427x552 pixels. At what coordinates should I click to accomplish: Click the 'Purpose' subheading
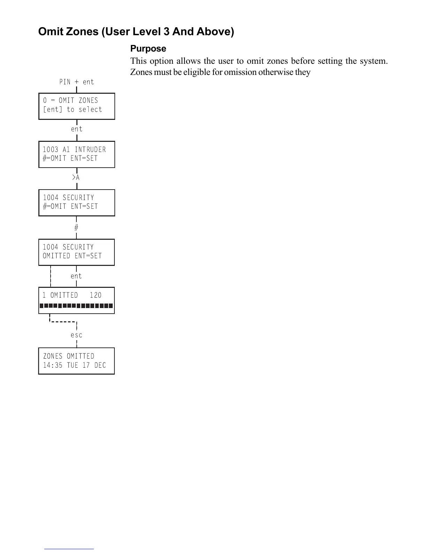point(148,48)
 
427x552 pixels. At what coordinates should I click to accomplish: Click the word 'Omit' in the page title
point(51,32)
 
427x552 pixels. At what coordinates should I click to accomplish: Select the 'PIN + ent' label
point(76,82)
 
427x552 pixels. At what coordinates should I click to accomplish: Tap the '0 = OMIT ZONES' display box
point(76,106)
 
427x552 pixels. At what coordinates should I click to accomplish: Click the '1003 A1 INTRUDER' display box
point(76,154)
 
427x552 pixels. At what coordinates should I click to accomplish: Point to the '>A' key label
point(76,178)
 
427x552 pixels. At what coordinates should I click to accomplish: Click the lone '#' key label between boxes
point(76,228)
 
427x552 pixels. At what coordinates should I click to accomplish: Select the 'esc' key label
point(76,335)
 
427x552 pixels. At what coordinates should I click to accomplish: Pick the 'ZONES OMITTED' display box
point(76,361)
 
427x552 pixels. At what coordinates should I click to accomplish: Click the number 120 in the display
point(96,295)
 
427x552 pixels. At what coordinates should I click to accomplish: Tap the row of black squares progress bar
point(76,306)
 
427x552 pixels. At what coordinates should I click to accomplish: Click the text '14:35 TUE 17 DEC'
point(74,366)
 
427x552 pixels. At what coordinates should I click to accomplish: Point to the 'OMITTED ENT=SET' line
point(72,256)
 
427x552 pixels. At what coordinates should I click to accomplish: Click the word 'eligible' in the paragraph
point(196,72)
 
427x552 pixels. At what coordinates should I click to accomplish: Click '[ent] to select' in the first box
point(73,110)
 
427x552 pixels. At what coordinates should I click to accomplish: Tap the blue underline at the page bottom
point(69,549)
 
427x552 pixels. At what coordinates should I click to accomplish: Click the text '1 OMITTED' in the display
point(60,295)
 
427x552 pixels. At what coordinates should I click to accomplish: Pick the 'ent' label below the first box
point(76,129)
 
